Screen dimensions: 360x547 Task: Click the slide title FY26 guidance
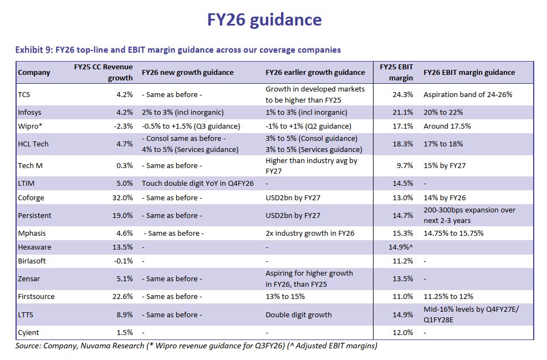click(264, 20)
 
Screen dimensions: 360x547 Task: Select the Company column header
click(34, 72)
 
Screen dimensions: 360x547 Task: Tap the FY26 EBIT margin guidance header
click(469, 72)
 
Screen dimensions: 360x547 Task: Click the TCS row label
click(24, 95)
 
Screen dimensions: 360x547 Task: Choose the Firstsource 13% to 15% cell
click(285, 297)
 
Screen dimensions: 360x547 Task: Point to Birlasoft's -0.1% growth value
click(122, 260)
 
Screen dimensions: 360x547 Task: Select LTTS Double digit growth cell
click(299, 315)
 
